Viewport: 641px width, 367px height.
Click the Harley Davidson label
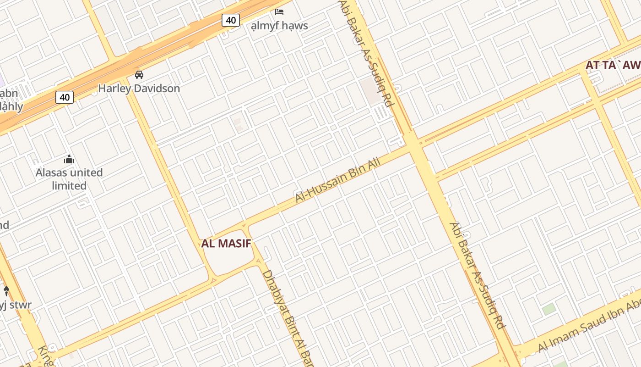coord(139,88)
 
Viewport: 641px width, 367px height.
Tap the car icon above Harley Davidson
coord(139,74)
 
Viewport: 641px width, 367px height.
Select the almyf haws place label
coord(279,26)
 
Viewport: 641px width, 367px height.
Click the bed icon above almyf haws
coord(279,11)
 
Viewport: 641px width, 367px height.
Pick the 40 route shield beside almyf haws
coord(231,20)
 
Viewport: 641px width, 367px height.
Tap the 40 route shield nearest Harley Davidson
coord(65,97)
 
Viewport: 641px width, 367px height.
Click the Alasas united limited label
coord(69,179)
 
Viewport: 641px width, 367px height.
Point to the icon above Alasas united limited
coord(69,159)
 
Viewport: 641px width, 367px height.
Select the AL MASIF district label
coord(227,244)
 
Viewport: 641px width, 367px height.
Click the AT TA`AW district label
coord(613,65)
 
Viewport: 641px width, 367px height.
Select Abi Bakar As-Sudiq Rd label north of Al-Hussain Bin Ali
coord(366,53)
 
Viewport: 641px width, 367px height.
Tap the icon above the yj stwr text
coord(6,290)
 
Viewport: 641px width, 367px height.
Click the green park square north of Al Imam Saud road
coord(549,309)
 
